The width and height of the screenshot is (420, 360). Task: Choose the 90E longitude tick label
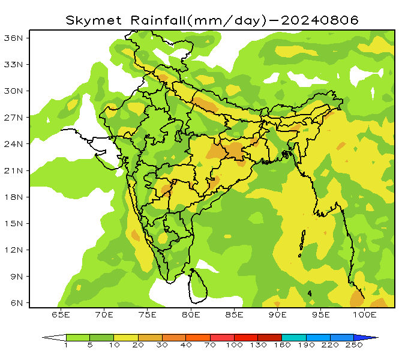[278, 314]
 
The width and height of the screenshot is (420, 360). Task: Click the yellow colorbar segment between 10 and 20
[126, 338]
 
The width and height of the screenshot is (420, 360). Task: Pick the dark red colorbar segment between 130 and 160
[269, 338]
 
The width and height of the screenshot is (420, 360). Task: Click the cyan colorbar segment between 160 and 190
[293, 338]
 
